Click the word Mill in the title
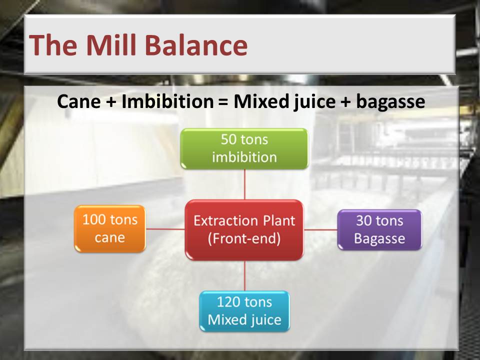(111, 44)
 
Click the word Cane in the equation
(78, 101)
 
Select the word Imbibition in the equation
(167, 101)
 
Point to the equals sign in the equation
(223, 101)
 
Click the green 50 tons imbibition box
(244, 149)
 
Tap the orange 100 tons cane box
(110, 228)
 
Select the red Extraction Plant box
(244, 230)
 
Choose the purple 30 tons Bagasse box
(379, 229)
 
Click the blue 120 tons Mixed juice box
(244, 311)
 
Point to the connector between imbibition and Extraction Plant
(244, 184)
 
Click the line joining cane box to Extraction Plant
(165, 229)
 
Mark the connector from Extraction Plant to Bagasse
(320, 229)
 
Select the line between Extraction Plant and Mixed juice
(244, 275)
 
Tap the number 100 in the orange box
(93, 220)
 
